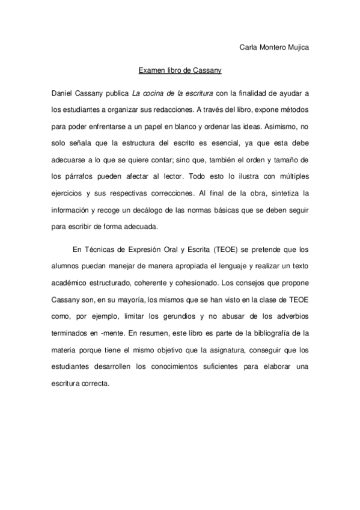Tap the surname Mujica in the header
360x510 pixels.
point(297,46)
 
